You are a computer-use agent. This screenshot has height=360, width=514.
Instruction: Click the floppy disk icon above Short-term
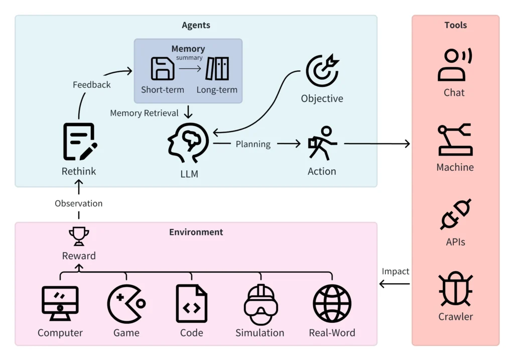click(x=163, y=68)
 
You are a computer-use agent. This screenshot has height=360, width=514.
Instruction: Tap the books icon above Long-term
click(x=217, y=68)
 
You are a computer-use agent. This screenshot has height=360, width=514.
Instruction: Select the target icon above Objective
click(x=323, y=70)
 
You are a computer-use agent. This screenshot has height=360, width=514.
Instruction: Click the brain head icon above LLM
click(x=188, y=143)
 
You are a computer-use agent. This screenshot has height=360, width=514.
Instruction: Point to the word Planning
click(x=253, y=144)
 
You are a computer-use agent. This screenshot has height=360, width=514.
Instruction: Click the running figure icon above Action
click(x=323, y=143)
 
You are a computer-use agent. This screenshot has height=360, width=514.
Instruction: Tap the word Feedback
click(x=92, y=84)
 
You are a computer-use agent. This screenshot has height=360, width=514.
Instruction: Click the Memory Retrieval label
click(x=144, y=113)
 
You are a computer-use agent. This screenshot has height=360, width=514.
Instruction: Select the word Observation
click(x=79, y=203)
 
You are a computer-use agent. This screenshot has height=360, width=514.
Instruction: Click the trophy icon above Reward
click(x=79, y=236)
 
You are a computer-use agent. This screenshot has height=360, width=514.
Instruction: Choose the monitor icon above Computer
click(x=60, y=303)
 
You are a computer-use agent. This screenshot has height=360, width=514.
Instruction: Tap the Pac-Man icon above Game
click(x=126, y=304)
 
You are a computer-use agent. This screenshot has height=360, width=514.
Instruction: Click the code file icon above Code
click(x=192, y=304)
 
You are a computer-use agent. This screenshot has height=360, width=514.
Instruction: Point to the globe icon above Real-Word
click(x=332, y=304)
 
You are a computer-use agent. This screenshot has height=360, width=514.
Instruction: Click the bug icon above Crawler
click(x=456, y=289)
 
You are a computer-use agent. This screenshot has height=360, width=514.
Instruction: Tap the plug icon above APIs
click(x=456, y=214)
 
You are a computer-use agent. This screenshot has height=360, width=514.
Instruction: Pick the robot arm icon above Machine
click(x=455, y=140)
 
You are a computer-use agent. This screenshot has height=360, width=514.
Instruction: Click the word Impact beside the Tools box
click(x=396, y=272)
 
